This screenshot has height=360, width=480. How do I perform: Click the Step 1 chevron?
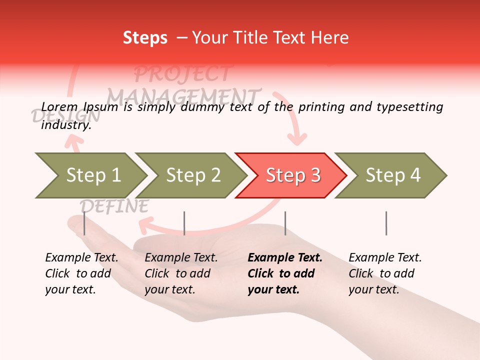tap(93, 175)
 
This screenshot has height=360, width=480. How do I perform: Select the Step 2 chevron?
tap(193, 175)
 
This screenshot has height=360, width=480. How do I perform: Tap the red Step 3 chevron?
tap(293, 175)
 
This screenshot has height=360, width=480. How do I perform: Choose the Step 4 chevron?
tap(393, 175)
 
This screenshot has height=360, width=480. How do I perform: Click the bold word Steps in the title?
tap(145, 37)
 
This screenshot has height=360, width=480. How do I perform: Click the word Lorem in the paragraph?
tap(59, 106)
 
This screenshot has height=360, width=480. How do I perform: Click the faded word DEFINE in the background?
tap(114, 206)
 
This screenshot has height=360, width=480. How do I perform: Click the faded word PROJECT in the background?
tap(182, 74)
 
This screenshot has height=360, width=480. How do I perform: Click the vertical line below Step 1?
tap(84, 223)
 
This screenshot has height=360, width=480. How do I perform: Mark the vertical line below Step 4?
tap(386, 223)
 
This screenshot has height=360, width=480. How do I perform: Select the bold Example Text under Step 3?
tap(285, 257)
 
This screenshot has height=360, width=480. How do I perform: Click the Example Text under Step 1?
tap(81, 257)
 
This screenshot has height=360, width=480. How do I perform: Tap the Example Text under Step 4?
tap(385, 257)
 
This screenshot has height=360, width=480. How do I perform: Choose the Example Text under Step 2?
tap(181, 257)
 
